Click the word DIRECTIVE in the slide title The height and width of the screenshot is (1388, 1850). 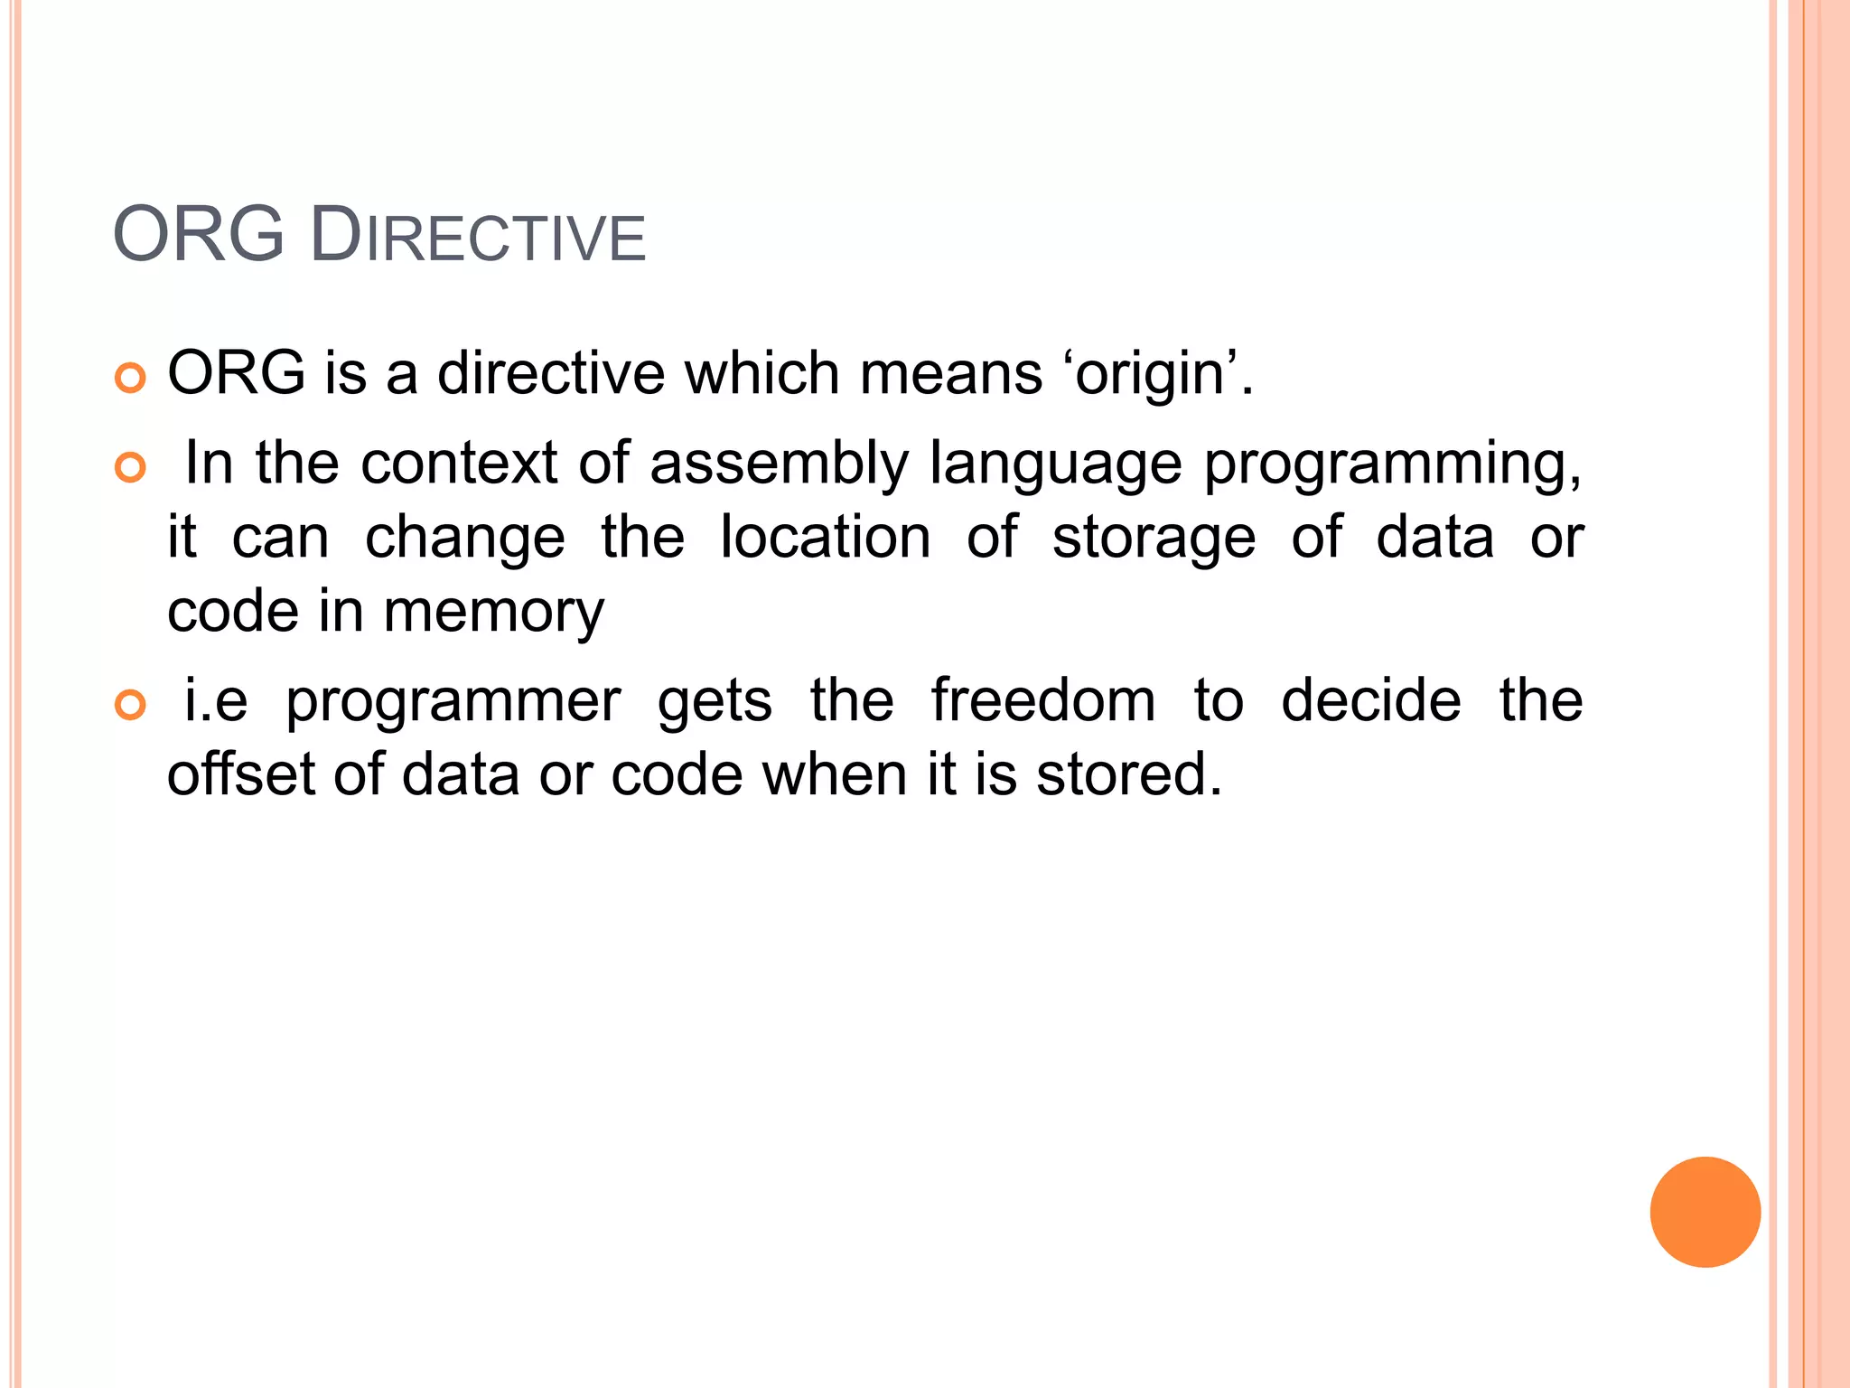click(478, 237)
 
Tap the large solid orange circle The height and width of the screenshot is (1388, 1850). click(1705, 1212)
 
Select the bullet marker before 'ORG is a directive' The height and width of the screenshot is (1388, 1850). click(131, 379)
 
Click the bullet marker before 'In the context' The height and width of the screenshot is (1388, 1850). click(131, 467)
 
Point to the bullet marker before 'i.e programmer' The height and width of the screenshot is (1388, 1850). click(131, 705)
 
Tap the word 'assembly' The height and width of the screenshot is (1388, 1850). click(779, 464)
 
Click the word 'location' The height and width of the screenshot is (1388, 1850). click(825, 538)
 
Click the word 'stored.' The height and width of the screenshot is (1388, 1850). click(1129, 774)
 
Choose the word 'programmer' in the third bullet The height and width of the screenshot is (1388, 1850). click(453, 702)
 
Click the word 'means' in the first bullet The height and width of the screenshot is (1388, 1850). click(951, 374)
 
